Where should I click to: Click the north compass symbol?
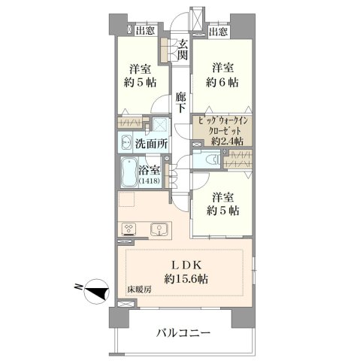[x=96, y=291]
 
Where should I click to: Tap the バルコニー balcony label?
[x=183, y=333]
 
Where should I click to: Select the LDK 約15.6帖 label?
[x=186, y=272]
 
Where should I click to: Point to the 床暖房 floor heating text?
[x=139, y=290]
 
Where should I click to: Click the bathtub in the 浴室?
[x=129, y=172]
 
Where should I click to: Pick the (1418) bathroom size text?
[x=150, y=181]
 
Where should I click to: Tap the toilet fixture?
[x=213, y=159]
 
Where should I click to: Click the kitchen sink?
[x=159, y=229]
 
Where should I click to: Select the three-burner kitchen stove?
[x=129, y=229]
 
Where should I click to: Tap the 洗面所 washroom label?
[x=151, y=144]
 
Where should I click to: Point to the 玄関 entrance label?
[x=182, y=50]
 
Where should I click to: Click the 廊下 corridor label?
[x=180, y=102]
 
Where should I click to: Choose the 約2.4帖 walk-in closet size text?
[x=227, y=141]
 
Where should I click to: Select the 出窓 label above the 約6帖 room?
[x=219, y=32]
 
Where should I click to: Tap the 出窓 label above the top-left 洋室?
[x=145, y=31]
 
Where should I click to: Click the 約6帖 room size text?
[x=222, y=82]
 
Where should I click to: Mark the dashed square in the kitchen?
[x=127, y=199]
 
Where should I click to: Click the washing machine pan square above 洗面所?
[x=161, y=124]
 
